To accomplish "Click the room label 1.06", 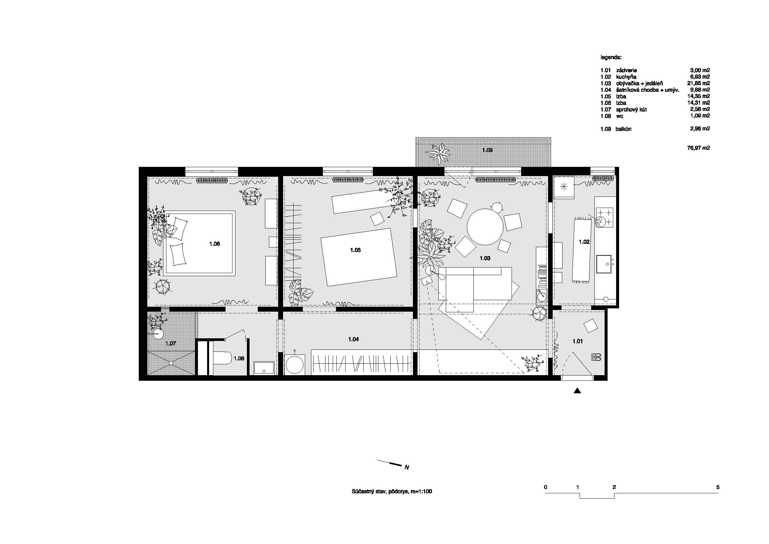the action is tap(215, 244).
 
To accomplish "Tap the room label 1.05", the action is tap(355, 250).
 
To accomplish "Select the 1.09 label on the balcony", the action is tap(487, 150).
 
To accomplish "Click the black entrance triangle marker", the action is tap(577, 391).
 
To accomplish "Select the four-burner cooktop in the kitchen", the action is tap(605, 217).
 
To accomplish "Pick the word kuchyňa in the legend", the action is tap(626, 77).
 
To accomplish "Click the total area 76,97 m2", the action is tap(698, 148).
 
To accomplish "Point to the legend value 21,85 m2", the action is tap(698, 83).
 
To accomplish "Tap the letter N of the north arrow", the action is tap(407, 467).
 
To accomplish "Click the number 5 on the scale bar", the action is tap(718, 487).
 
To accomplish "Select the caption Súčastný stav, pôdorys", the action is tap(380, 492).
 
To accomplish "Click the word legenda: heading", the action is tap(611, 58).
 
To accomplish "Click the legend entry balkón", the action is tap(623, 129).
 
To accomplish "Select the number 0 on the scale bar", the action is tap(546, 487).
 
